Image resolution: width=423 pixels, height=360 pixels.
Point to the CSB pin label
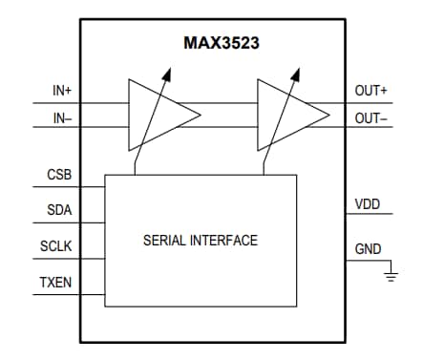pyautogui.click(x=59, y=177)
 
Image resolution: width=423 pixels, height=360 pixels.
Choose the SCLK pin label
pyautogui.click(x=57, y=246)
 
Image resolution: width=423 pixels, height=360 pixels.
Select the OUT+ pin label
pyautogui.click(x=371, y=91)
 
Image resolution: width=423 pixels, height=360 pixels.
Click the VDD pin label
pyautogui.click(x=368, y=204)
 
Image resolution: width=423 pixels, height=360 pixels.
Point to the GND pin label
pyautogui.click(x=368, y=249)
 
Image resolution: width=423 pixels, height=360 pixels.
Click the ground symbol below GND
pyautogui.click(x=390, y=276)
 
